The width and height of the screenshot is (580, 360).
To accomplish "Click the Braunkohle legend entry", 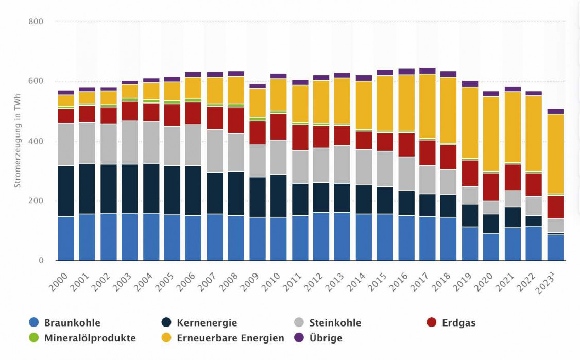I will [72, 323].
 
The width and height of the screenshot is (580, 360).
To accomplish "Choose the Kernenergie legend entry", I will [207, 323].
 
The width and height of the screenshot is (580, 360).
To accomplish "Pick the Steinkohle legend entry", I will [335, 323].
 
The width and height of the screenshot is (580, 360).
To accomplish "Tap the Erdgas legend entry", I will [458, 323].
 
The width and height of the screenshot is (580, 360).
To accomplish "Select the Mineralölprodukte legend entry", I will [90, 338].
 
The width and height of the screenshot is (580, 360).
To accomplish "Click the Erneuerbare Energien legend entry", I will [230, 338].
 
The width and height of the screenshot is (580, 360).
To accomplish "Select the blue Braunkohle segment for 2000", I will [66, 238].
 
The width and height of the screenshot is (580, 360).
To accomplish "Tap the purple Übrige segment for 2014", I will [364, 78].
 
